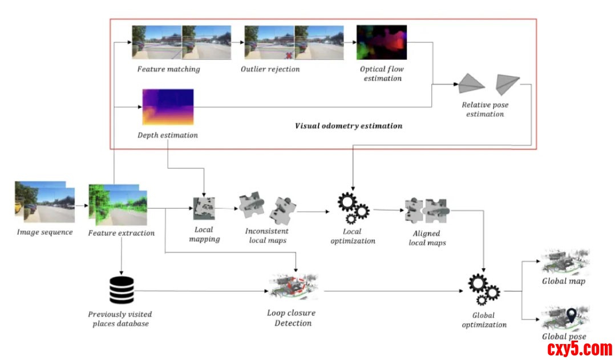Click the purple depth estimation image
coord(168,107)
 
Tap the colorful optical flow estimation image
coord(381,42)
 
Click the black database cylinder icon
coord(121,290)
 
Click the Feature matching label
coord(168,69)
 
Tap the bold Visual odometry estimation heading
coord(348,126)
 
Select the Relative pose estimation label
coord(485,110)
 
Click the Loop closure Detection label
coord(292,318)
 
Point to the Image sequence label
coord(44,232)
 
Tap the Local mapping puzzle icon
coord(204,208)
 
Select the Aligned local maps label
coord(427,238)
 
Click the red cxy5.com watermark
coord(579,348)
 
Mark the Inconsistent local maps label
coord(266,236)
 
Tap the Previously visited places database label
coord(120,319)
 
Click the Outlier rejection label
coord(270,69)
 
